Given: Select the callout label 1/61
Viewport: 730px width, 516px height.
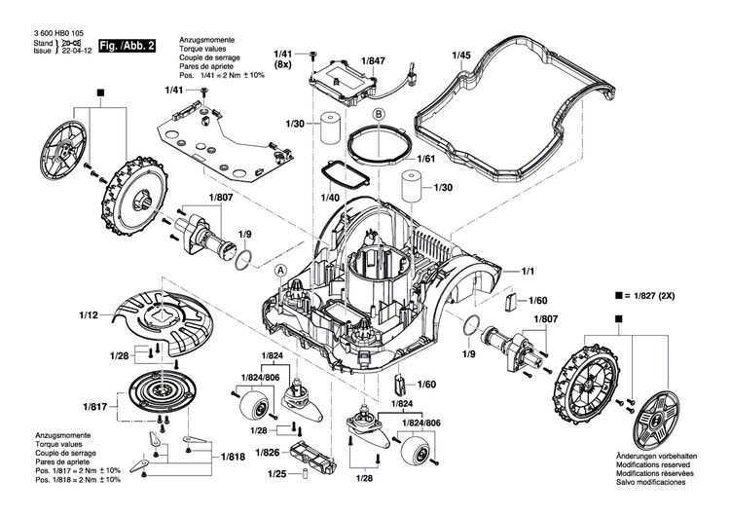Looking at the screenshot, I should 424,158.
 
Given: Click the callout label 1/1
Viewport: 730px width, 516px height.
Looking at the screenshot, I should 529,270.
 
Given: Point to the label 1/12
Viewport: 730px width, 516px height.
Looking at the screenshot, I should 89,315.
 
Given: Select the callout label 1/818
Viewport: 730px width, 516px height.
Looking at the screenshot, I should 233,456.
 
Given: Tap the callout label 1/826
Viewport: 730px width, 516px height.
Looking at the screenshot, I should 266,452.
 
